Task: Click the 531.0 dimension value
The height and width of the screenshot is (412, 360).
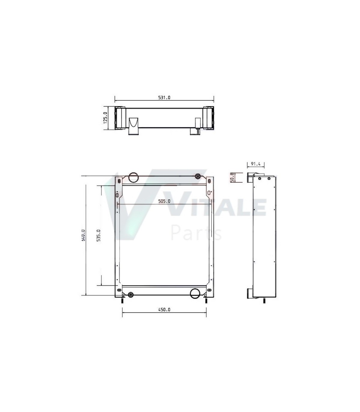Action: pos(164,98)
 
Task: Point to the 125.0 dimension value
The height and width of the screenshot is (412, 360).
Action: pos(106,118)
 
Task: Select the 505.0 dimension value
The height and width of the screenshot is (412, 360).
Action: pos(164,201)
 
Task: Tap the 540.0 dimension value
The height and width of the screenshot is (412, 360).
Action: pos(83,235)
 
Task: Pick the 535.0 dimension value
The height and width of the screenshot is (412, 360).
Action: pos(99,235)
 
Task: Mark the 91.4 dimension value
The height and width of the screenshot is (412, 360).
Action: pos(256,164)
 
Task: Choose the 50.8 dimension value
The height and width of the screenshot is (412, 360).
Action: pos(232,177)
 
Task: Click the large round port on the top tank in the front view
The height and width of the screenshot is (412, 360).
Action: pos(133,177)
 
